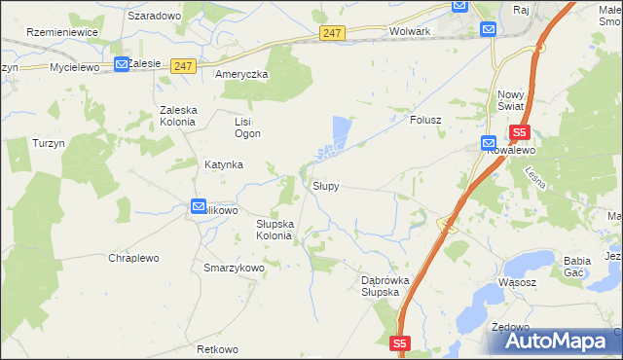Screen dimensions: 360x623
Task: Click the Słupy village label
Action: coord(325,185)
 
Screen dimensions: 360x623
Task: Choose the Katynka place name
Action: coord(223,164)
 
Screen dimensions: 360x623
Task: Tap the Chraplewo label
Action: coord(134,258)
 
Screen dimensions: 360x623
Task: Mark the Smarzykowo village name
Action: coord(234,268)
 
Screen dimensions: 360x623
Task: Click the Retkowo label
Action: coord(217,349)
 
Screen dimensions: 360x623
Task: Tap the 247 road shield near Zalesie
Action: coord(183,66)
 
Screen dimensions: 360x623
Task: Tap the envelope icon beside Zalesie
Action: coord(121,64)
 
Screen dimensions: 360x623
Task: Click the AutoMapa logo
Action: coord(558,341)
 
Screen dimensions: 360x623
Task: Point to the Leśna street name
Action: coord(533,178)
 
